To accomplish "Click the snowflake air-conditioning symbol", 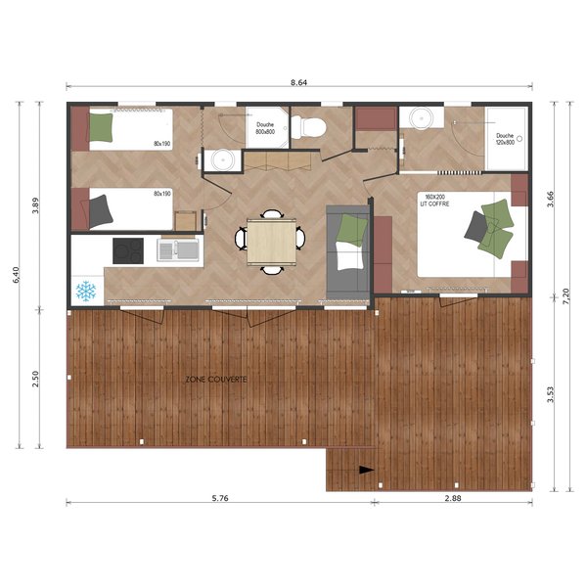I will (86, 291).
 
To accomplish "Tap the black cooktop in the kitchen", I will (128, 250).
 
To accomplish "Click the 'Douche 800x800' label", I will (266, 128).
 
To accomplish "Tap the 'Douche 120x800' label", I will (505, 139).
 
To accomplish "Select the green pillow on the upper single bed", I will (103, 126).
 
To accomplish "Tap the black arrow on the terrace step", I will (366, 470).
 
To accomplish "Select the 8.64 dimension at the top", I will (299, 84).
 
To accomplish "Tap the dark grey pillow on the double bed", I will (477, 227).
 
